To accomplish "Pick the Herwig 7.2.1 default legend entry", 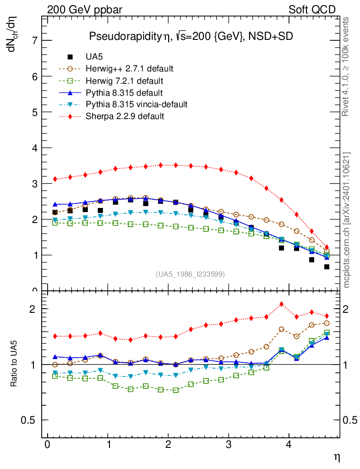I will [x=124, y=81].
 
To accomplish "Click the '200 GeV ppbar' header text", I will [x=85, y=10].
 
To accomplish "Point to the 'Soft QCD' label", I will [x=312, y=10].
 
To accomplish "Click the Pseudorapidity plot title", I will [x=191, y=37].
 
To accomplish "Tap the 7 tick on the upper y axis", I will [x=34, y=41].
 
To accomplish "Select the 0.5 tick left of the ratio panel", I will [x=30, y=420].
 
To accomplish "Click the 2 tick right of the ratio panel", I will [x=350, y=309].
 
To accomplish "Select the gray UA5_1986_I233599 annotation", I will [x=191, y=274].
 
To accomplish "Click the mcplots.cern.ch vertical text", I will [x=347, y=220].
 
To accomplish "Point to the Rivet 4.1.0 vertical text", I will [x=347, y=66].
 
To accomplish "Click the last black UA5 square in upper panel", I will [x=327, y=267].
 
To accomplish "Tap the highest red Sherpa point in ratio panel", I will [x=282, y=304].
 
